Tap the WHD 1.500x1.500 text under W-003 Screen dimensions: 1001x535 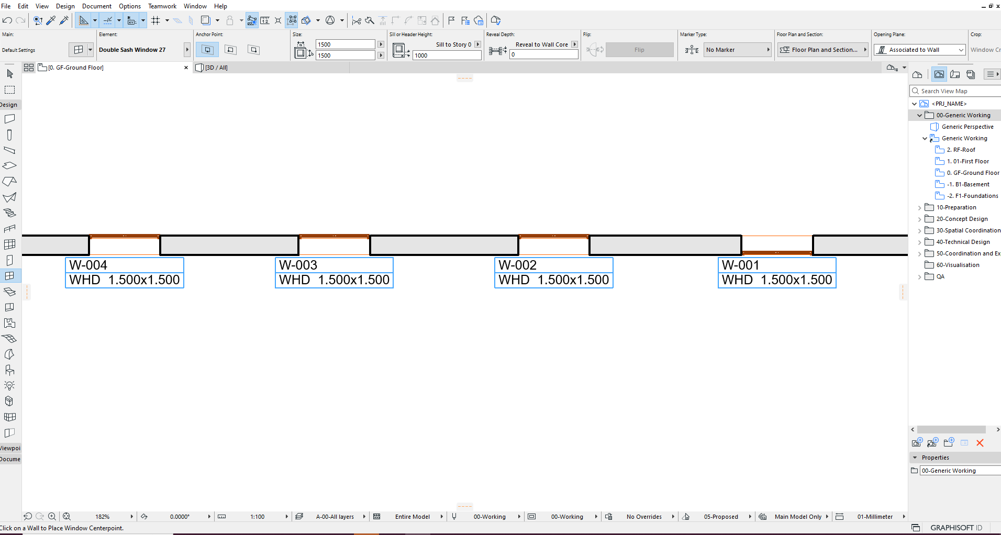tap(334, 280)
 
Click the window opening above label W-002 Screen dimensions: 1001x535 tap(554, 244)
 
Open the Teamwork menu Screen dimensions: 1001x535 tap(162, 6)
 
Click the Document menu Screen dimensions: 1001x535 tap(97, 6)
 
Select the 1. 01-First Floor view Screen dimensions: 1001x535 tap(967, 161)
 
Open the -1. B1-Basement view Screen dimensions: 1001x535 tap(967, 184)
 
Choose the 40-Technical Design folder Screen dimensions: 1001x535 tap(963, 242)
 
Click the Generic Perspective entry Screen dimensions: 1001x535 tap(967, 127)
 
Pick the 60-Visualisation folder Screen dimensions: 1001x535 tap(958, 265)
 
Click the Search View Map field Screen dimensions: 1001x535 tap(955, 91)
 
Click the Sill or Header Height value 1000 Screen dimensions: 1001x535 tap(447, 55)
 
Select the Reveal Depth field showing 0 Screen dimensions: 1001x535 tap(543, 54)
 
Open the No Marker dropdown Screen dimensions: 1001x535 tap(738, 50)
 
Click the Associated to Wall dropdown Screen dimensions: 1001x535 tap(919, 50)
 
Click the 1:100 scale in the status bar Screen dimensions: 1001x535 tap(257, 517)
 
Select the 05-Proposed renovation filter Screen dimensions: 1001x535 tap(721, 517)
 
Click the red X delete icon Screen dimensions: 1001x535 tap(980, 443)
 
